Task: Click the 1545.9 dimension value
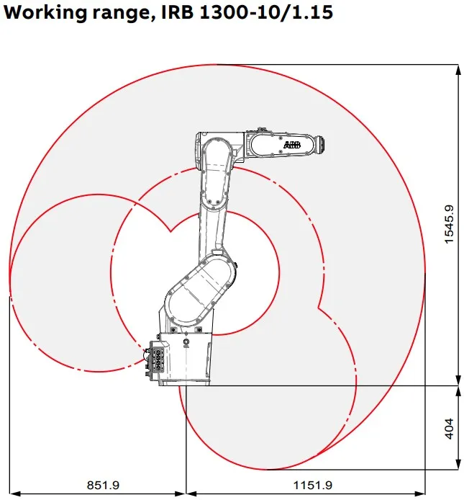pos(449,225)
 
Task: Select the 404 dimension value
pos(449,429)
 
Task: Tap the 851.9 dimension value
pos(103,485)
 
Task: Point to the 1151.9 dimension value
pos(312,485)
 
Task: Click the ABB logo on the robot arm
pos(292,146)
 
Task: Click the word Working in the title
pos(45,12)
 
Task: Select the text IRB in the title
pos(178,12)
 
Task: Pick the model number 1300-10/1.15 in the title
pos(266,12)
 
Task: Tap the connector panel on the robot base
pos(157,360)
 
